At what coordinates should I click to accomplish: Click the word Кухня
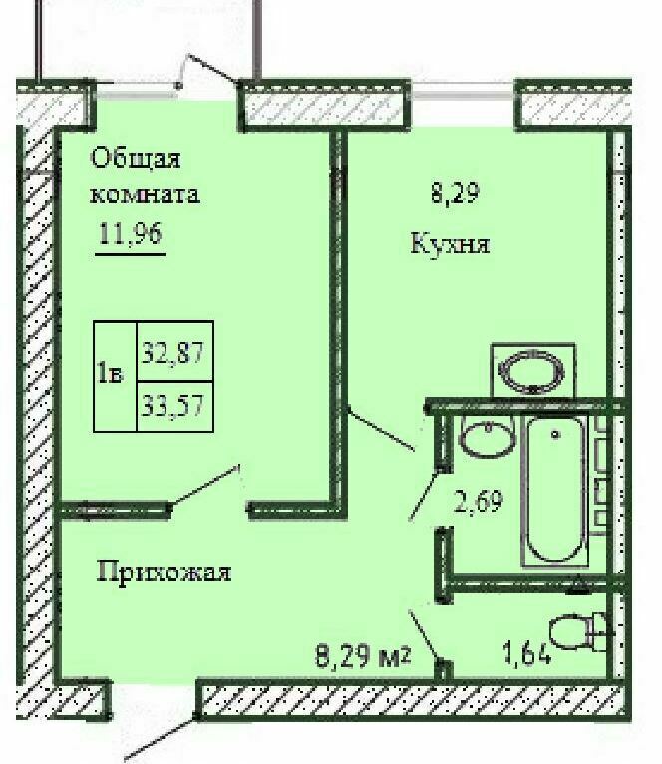(450, 243)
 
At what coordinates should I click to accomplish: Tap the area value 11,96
(130, 233)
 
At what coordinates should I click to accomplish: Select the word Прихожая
(165, 572)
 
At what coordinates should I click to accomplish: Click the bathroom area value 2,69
(478, 501)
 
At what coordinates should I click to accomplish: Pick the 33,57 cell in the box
(172, 405)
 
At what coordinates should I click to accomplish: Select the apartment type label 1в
(111, 374)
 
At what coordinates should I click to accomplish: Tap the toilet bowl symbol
(578, 632)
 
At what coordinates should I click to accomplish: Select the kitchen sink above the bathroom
(533, 371)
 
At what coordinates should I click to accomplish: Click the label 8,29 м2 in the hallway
(363, 656)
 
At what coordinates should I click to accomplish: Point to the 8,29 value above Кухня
(455, 191)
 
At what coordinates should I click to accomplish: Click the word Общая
(136, 159)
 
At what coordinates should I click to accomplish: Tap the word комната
(145, 194)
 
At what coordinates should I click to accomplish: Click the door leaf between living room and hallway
(204, 487)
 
